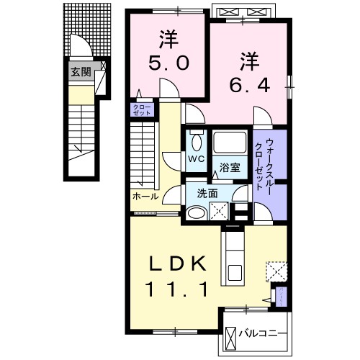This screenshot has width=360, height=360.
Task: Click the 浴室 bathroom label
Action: tap(230, 170)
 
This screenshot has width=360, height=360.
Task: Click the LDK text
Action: tap(181, 263)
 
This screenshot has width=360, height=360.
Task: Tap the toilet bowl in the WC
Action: tap(193, 138)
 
